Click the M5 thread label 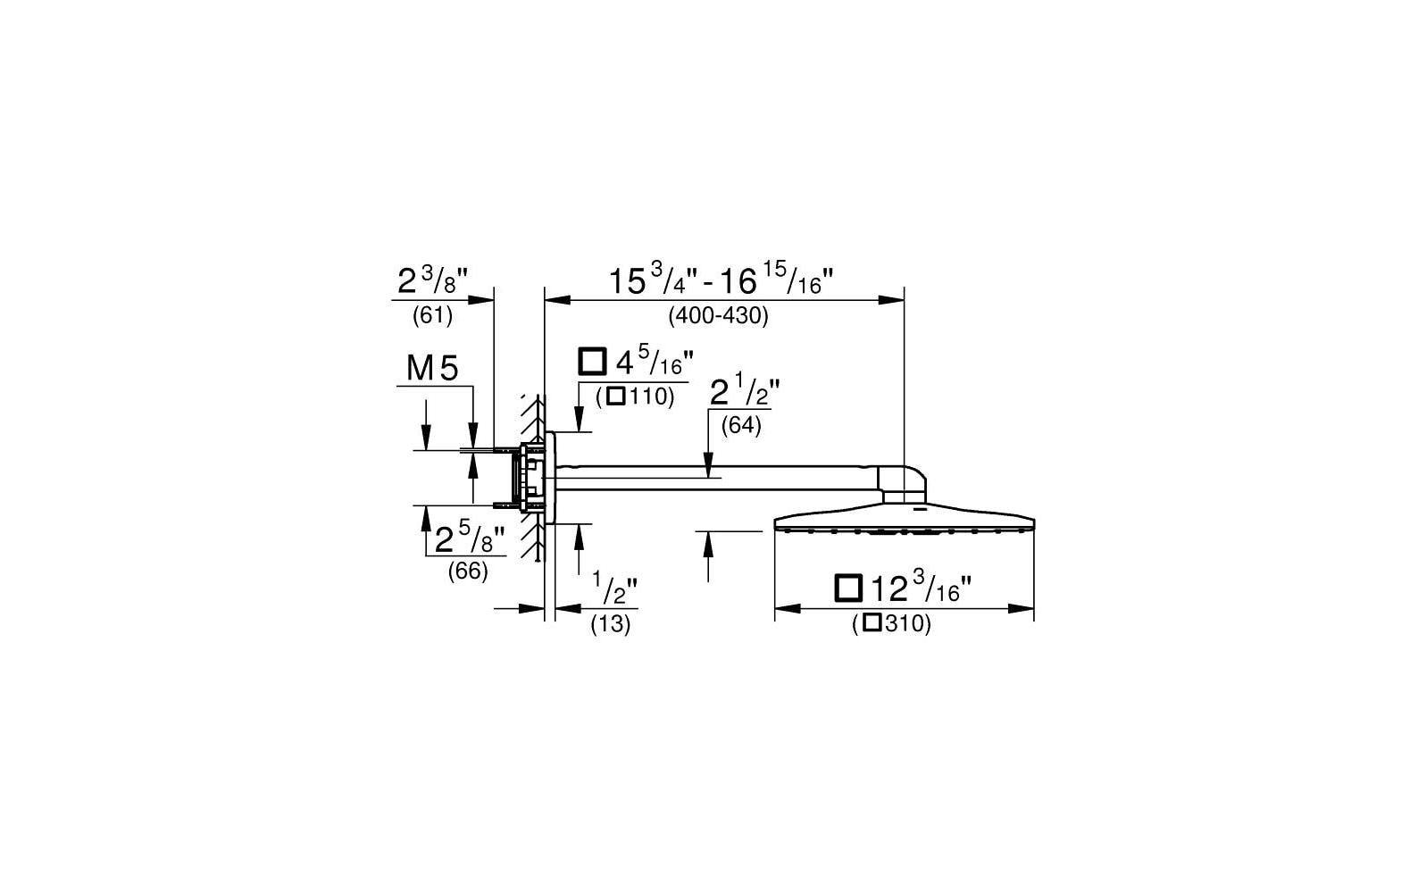[432, 368]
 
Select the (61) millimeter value [432, 315]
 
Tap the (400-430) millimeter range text [719, 315]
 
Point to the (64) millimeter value [741, 425]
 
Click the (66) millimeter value [468, 572]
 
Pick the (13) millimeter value [610, 625]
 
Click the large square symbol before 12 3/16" [848, 588]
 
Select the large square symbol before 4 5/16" [593, 362]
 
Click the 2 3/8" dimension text [432, 280]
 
